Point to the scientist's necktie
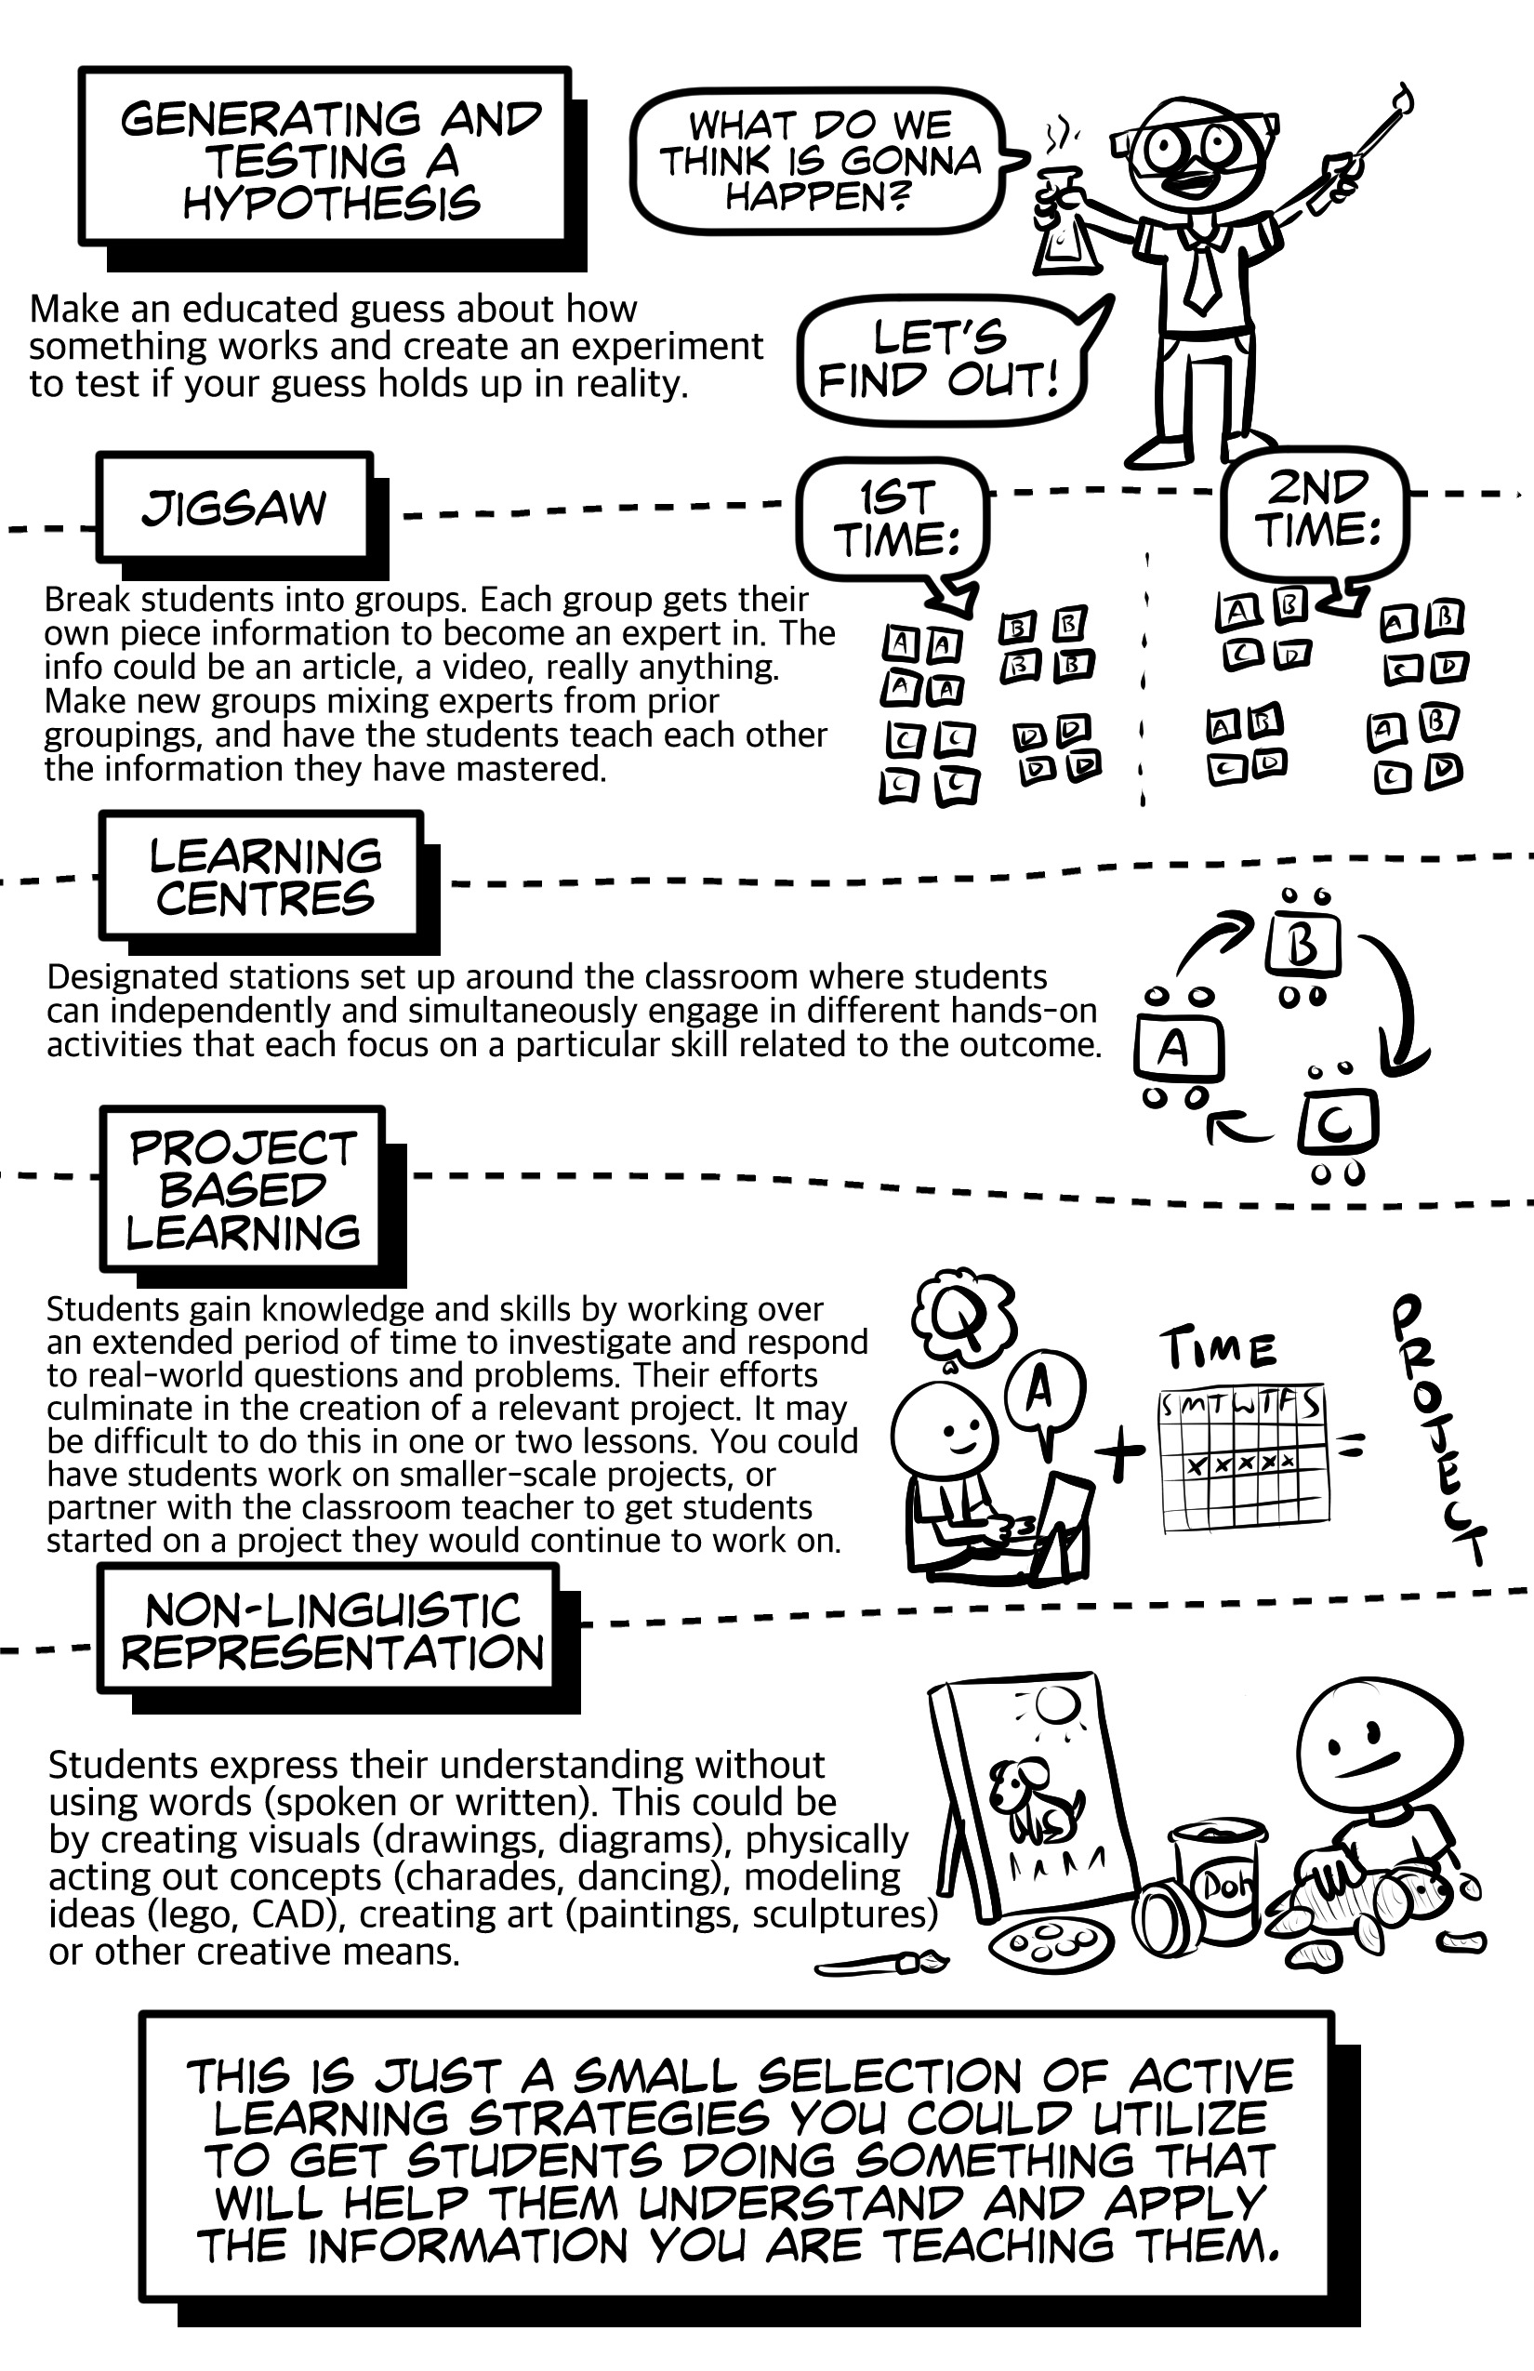pyautogui.click(x=1201, y=269)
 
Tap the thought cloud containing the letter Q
pyautogui.click(x=962, y=1317)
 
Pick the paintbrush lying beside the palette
pyautogui.click(x=880, y=1964)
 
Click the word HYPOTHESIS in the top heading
pyautogui.click(x=331, y=204)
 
